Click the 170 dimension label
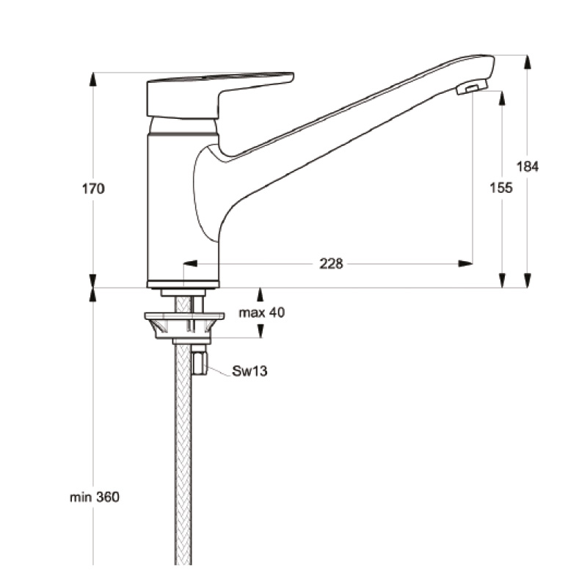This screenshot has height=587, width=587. click(x=93, y=189)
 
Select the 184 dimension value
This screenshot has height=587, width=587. click(x=528, y=167)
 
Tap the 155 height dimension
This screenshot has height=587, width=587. click(x=501, y=188)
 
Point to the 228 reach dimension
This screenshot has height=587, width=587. click(x=331, y=264)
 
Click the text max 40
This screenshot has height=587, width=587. click(x=262, y=313)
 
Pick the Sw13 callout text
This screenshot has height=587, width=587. click(x=249, y=371)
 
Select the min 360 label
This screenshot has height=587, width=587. click(x=95, y=497)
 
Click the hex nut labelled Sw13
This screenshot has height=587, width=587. click(x=200, y=362)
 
